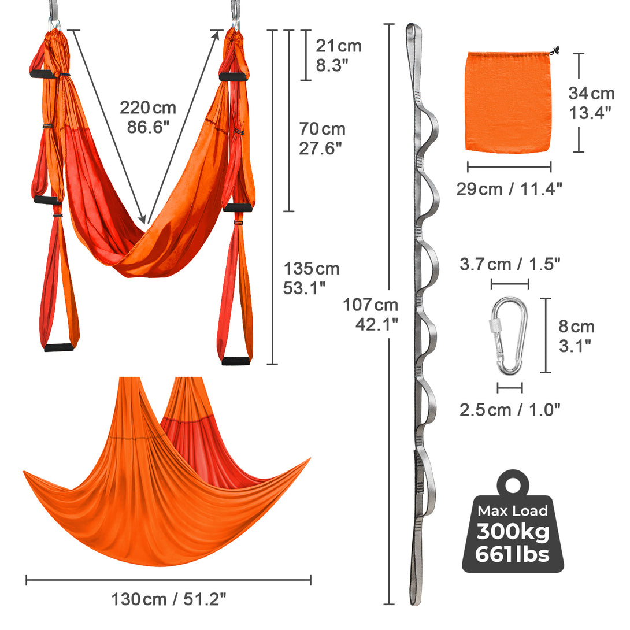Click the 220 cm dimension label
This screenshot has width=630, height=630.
(148, 117)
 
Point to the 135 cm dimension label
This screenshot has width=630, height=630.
(311, 278)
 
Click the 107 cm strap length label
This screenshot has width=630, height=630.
(370, 314)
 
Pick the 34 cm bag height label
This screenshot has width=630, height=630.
(591, 103)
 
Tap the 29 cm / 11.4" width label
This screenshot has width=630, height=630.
(509, 189)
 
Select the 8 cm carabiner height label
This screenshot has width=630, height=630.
(576, 336)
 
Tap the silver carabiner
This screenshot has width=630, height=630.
(509, 336)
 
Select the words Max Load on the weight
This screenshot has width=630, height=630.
(513, 511)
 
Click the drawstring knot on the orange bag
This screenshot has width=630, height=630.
(555, 51)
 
